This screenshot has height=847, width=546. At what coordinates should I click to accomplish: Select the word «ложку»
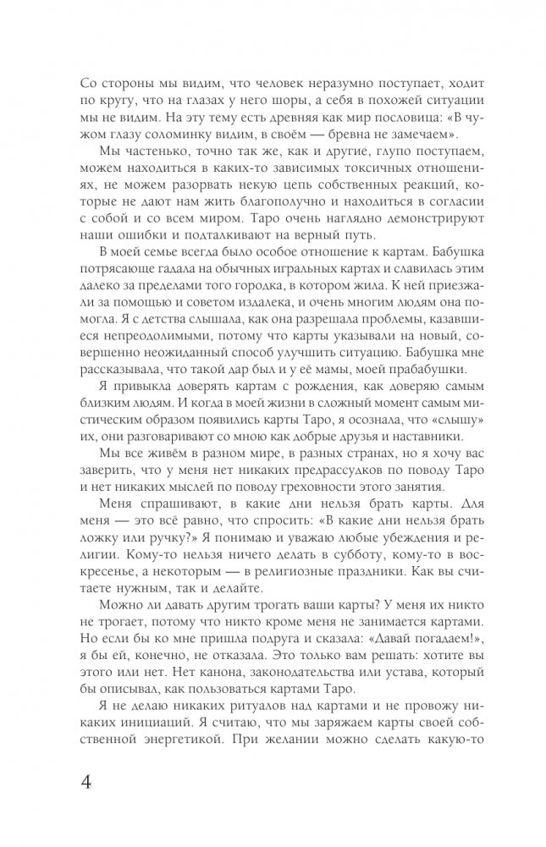click(x=97, y=570)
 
